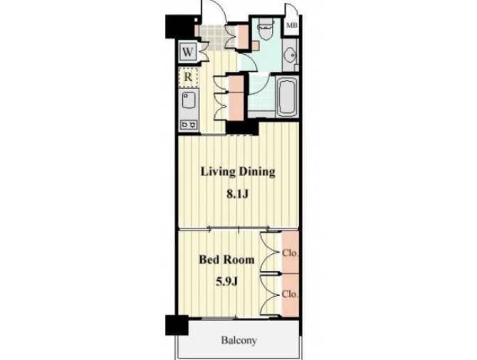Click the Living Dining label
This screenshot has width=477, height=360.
pos(238,171)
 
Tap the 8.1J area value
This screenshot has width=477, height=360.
pos(237,194)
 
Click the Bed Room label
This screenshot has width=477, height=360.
pos(226,260)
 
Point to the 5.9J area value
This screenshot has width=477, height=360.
pos(226,282)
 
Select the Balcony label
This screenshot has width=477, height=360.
pos(238,340)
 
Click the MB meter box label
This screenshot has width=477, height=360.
pos(291,25)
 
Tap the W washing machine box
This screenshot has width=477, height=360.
pos(187,52)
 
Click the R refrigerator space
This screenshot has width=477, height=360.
pos(188,78)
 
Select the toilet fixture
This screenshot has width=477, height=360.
pos(266,29)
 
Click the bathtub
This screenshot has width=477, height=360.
pos(288,96)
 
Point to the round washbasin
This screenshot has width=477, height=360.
pos(290,55)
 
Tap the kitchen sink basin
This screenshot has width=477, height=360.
pos(188,100)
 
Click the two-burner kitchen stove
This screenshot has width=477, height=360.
pos(189,125)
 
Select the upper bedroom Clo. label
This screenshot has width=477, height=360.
pos(290,253)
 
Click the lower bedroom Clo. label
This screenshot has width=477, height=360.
pos(290,295)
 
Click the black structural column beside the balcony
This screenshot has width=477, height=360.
pos(177,325)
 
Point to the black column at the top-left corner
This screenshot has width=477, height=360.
pos(180,27)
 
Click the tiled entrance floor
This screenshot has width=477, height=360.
pos(216,36)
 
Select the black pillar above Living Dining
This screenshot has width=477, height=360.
pos(242,127)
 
